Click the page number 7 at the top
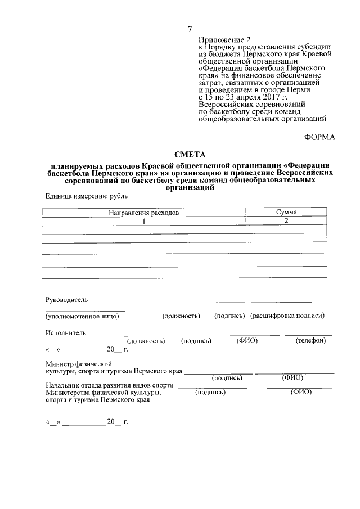(190, 29)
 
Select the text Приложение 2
(224, 40)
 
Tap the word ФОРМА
(319, 137)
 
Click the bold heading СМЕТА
(191, 154)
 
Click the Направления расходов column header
(144, 213)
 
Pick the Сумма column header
(286, 213)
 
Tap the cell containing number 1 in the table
(144, 221)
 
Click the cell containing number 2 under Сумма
(286, 221)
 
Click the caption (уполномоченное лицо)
(82, 316)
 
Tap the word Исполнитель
(65, 332)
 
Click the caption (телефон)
(310, 341)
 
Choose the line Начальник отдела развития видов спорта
(109, 385)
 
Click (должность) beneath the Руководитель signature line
(181, 316)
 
